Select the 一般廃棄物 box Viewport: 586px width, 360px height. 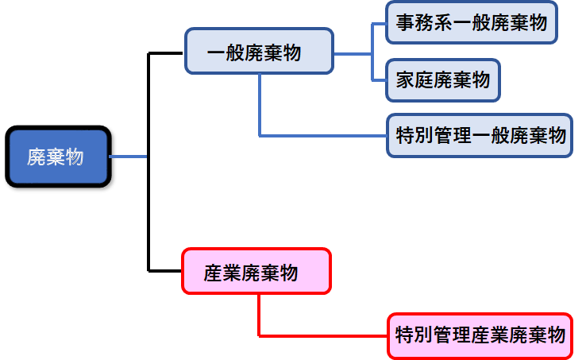259,52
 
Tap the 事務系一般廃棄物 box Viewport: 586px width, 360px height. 471,23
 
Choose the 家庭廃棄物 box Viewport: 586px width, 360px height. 442,79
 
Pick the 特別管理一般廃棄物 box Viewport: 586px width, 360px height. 479,135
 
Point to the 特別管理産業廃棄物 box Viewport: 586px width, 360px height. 479,335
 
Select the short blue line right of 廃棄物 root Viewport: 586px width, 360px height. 129,157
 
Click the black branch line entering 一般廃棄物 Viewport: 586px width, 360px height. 167,53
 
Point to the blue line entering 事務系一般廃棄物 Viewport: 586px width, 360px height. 379,24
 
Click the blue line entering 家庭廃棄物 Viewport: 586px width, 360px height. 379,80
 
